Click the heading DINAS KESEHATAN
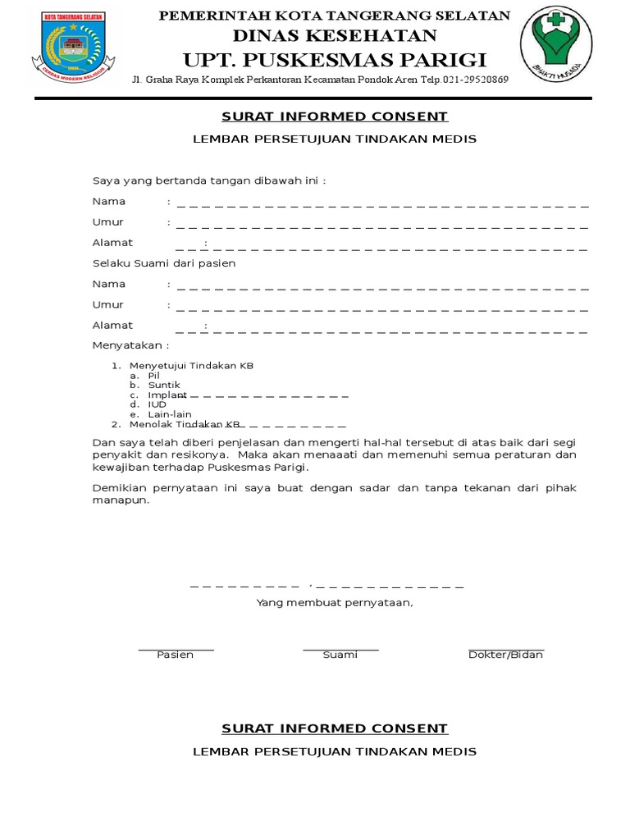point(335,35)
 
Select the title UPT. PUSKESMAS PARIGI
point(335,60)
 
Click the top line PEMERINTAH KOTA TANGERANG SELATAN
point(334,16)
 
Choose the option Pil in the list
point(153,375)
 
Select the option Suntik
point(163,385)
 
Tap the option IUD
point(157,404)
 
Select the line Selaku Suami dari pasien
point(164,263)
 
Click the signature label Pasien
point(175,655)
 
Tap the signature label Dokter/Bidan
point(505,655)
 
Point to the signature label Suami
point(340,655)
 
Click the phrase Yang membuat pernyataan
point(335,603)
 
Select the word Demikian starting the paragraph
point(120,488)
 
